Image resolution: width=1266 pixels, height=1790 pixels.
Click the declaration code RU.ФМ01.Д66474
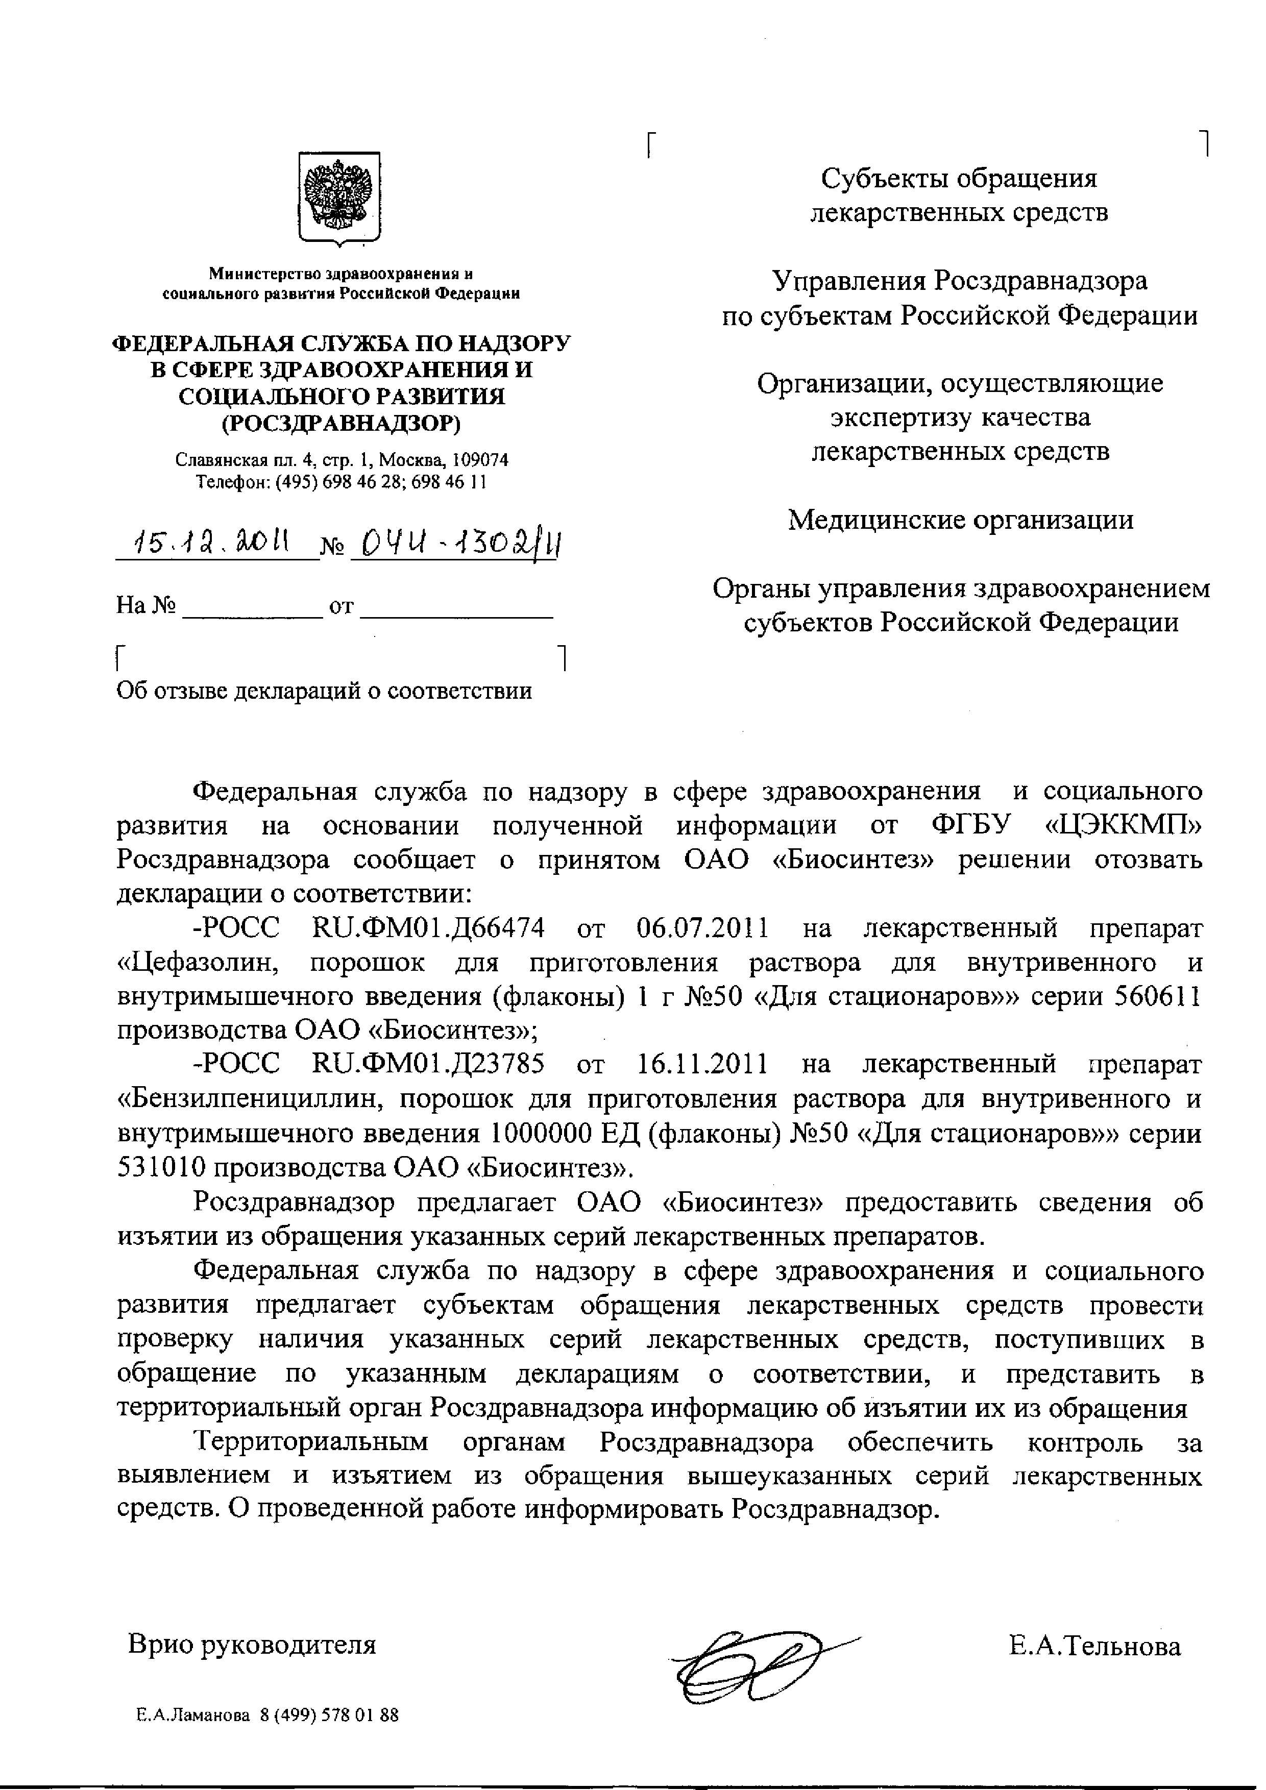428,928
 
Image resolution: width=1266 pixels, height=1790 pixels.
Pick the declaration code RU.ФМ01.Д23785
428,1064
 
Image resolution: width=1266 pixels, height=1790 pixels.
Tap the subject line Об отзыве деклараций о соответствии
324,691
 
